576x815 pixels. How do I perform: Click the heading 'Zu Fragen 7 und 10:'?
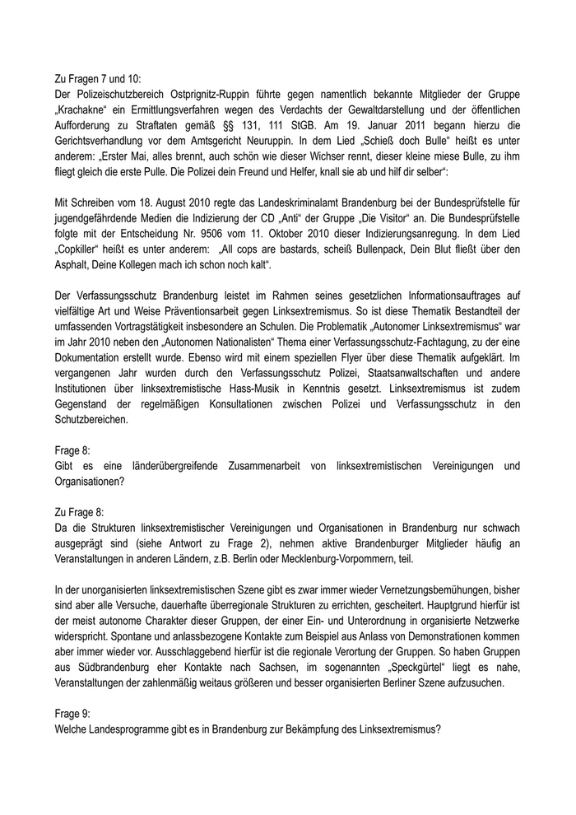(97, 79)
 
